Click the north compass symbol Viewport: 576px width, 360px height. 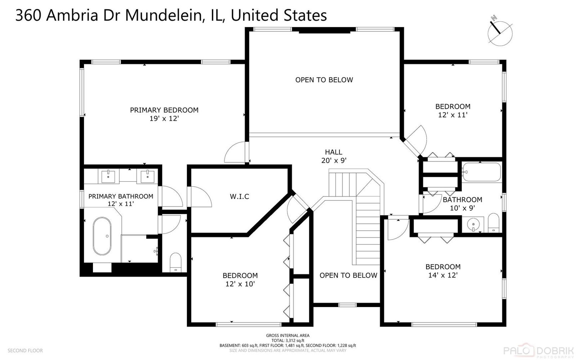click(500, 33)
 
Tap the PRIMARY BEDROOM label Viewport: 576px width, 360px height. click(164, 110)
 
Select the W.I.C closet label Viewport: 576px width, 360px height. click(240, 197)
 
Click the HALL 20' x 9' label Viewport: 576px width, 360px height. click(334, 156)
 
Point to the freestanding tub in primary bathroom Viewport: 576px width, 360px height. click(102, 236)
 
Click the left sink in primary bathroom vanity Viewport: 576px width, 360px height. click(108, 176)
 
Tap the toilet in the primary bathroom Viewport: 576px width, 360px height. click(176, 262)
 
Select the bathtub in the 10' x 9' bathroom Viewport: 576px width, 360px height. click(481, 172)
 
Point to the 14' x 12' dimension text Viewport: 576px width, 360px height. click(443, 275)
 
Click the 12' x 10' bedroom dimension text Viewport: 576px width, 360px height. click(240, 284)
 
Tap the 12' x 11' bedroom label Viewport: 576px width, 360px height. click(452, 111)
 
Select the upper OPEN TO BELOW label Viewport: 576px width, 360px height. click(324, 80)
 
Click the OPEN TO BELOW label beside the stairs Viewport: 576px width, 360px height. click(348, 275)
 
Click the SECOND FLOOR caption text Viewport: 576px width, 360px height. click(25, 351)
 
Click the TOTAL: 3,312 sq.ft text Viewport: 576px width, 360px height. click(288, 341)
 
